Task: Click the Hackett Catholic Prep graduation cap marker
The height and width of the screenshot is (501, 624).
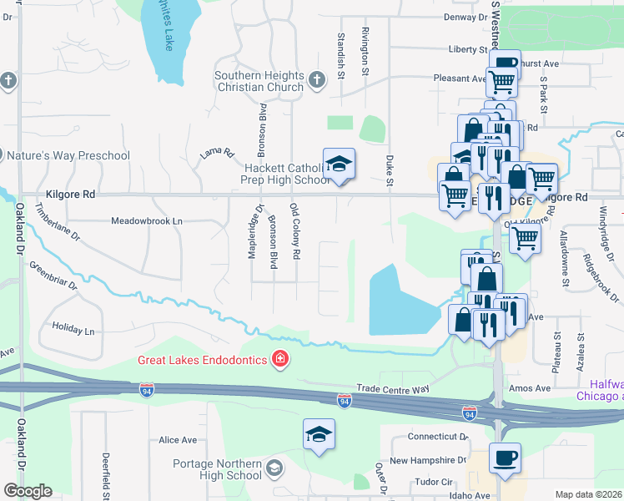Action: (x=340, y=164)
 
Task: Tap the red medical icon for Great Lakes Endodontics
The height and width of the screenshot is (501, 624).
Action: (x=281, y=360)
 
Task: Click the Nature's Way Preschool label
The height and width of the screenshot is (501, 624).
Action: (x=68, y=155)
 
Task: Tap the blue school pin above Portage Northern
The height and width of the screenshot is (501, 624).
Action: (x=319, y=434)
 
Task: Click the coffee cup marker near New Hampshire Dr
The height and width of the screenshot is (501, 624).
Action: (x=505, y=458)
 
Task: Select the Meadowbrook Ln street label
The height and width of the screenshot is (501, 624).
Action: (x=147, y=221)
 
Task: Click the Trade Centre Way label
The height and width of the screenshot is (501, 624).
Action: (x=393, y=388)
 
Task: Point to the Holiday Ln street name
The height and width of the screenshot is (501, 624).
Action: (x=73, y=330)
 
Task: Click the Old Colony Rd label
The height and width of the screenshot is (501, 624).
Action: (x=294, y=230)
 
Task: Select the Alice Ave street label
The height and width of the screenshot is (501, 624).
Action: (x=177, y=439)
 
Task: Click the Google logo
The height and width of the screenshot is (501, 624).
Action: (x=28, y=491)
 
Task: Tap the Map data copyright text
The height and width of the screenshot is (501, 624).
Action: (x=588, y=494)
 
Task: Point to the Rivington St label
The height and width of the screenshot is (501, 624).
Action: (x=365, y=50)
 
